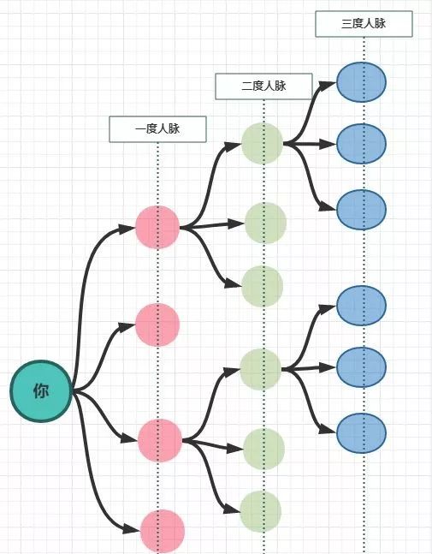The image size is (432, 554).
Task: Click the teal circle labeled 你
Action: coord(40,392)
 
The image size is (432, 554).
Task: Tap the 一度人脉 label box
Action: coord(157,129)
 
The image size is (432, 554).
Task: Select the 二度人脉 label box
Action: coord(263,86)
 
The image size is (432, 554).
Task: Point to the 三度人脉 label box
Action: coord(364,24)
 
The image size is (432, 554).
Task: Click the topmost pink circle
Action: coord(157,228)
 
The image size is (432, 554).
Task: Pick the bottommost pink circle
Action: coord(163,531)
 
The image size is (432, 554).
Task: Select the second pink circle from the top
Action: coord(157,325)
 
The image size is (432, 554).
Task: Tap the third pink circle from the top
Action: coord(160,440)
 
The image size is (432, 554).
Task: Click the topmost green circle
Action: coord(262,144)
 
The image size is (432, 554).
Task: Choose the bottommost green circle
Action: coord(261,512)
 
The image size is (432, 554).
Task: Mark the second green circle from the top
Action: coord(265,223)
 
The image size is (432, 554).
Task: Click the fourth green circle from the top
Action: coord(261,369)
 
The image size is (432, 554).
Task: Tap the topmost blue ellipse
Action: coord(361,81)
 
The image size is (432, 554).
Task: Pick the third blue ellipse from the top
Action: coord(361,208)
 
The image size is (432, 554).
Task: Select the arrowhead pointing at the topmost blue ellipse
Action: coord(328,84)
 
